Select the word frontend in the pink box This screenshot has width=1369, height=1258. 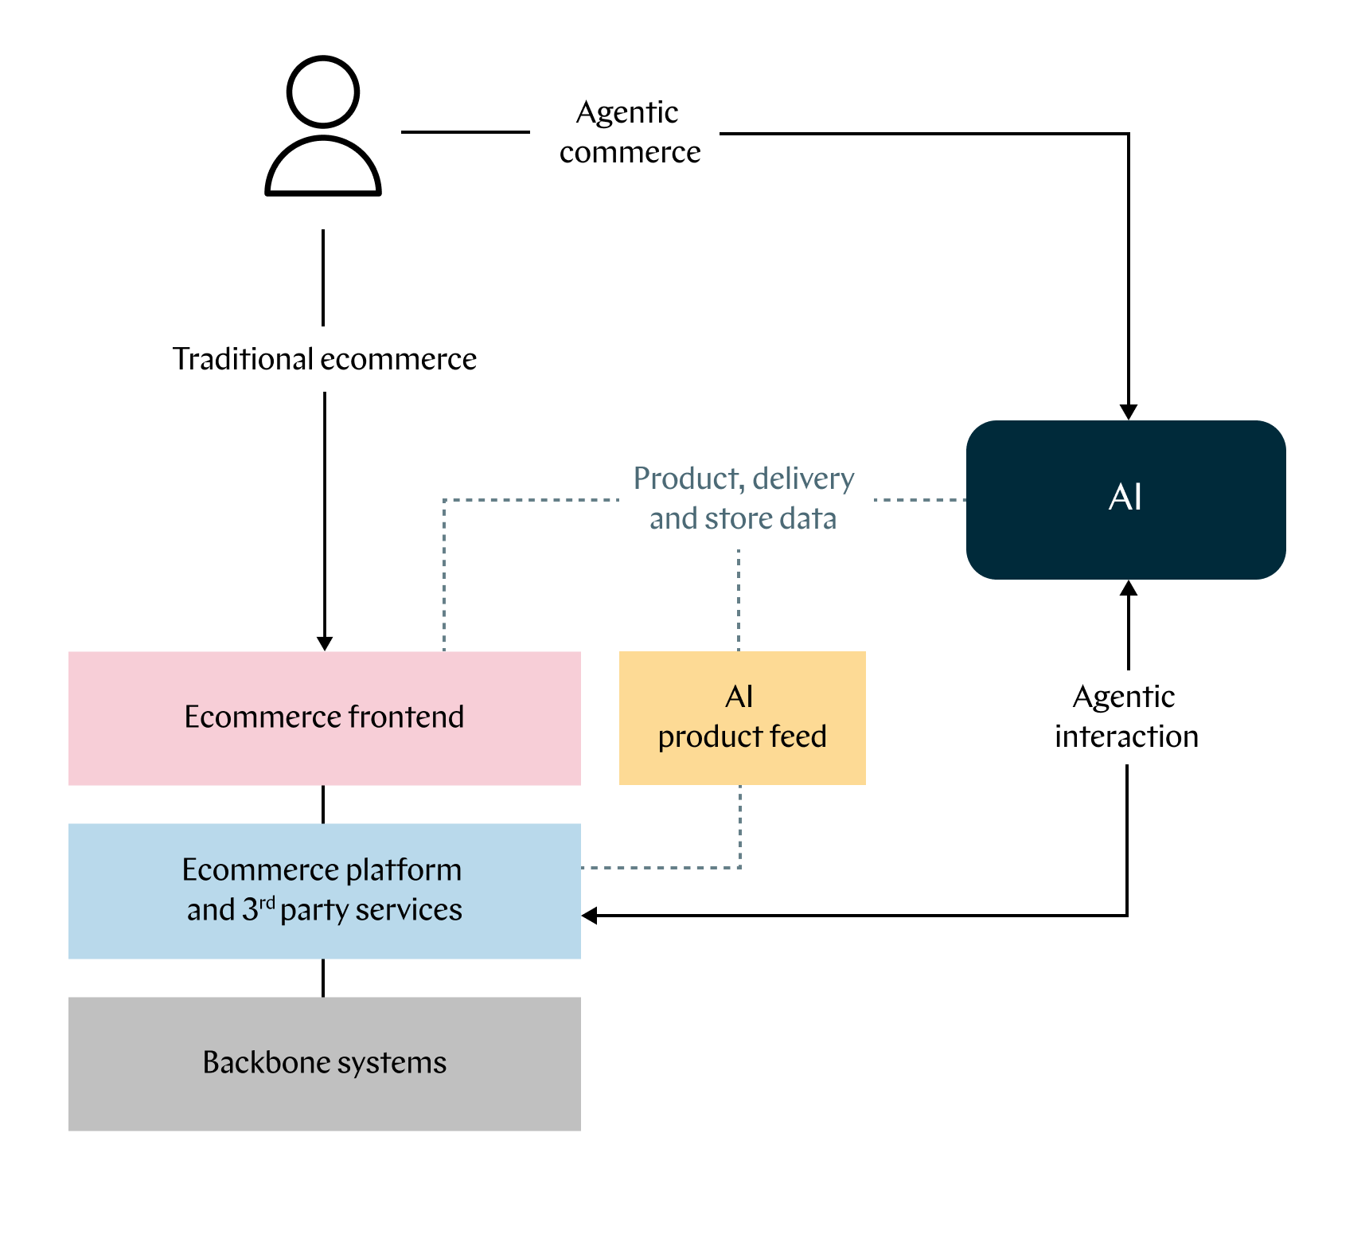pyautogui.click(x=406, y=717)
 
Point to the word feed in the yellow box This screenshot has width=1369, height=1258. pyautogui.click(x=798, y=736)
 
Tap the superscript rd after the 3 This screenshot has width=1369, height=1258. pyautogui.click(x=267, y=902)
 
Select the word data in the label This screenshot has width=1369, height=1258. pyautogui.click(x=808, y=518)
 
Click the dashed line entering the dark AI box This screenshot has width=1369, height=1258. pyautogui.click(x=919, y=500)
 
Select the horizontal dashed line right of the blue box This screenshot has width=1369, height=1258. pyautogui.click(x=661, y=867)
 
